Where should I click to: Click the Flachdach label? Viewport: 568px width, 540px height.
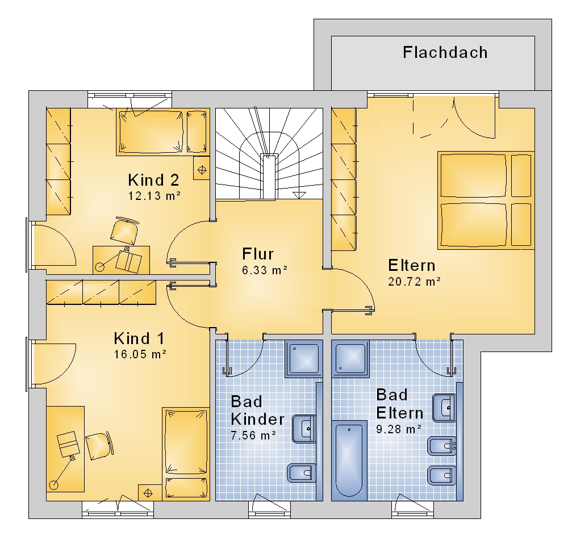[x=445, y=52]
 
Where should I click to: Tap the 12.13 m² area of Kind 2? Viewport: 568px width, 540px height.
[x=154, y=196]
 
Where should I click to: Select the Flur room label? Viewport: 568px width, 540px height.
[x=258, y=254]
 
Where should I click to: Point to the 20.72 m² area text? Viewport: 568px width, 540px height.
[x=415, y=282]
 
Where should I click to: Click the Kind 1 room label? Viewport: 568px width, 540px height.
[x=140, y=338]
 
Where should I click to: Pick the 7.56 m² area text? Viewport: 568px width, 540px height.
[x=253, y=435]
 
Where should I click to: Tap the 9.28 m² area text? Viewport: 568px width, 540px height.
[x=399, y=429]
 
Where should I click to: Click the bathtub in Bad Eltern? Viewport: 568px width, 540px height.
[x=349, y=461]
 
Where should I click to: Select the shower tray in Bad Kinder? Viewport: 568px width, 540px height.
[x=303, y=358]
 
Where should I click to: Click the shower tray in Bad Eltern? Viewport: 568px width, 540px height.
[x=350, y=358]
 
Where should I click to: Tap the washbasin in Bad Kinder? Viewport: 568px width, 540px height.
[x=304, y=429]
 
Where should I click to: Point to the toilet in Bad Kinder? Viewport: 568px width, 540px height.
[x=302, y=473]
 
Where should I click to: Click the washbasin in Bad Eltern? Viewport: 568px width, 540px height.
[x=444, y=408]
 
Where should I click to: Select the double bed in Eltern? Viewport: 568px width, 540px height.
[x=486, y=200]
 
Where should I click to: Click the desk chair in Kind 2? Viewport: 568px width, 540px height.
[x=124, y=231]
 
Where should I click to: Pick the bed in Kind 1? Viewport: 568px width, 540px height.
[x=186, y=454]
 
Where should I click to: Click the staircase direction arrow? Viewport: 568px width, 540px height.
[x=299, y=195]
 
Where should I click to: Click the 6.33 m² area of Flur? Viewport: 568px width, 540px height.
[x=265, y=270]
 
